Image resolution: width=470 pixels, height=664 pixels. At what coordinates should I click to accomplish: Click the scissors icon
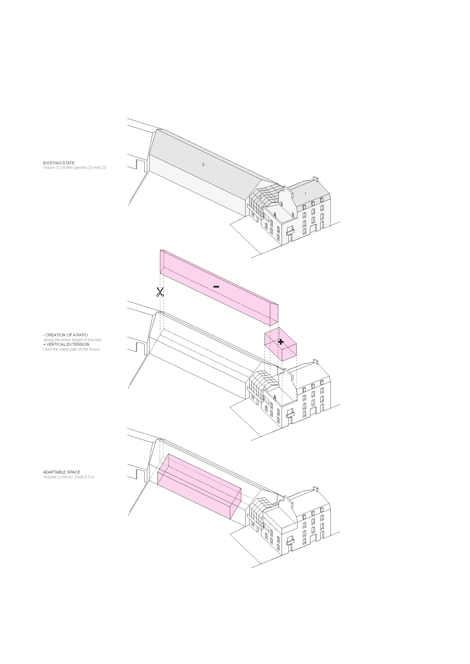click(160, 292)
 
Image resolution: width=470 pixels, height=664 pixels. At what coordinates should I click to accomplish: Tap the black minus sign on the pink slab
click(216, 287)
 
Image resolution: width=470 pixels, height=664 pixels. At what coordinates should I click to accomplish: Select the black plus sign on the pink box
click(280, 342)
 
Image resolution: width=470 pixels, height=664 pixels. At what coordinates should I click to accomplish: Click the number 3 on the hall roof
click(203, 165)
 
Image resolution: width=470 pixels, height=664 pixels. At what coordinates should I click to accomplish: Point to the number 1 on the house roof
click(305, 194)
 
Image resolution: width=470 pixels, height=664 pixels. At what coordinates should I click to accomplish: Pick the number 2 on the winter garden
click(260, 197)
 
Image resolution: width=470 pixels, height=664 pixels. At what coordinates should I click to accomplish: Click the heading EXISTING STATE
click(59, 163)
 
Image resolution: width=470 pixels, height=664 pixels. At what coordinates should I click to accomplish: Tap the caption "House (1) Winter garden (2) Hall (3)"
click(75, 167)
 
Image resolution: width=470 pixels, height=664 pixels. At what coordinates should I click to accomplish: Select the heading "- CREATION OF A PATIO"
click(65, 335)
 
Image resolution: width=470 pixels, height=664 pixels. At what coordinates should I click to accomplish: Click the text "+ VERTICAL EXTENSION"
click(66, 344)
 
